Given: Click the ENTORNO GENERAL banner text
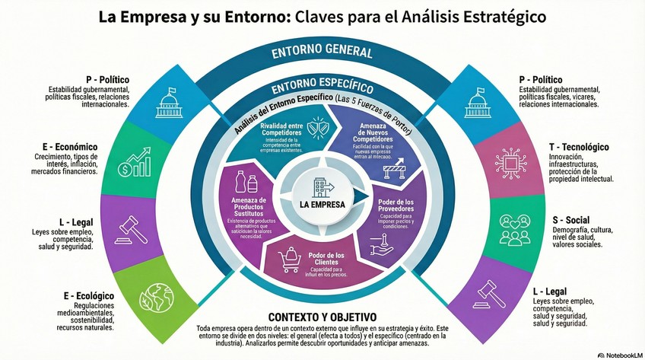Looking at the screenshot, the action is [x=322, y=53].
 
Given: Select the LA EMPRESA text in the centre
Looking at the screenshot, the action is [x=322, y=205].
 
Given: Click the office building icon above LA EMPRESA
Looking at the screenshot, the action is [x=322, y=186].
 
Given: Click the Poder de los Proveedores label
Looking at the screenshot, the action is [x=395, y=205].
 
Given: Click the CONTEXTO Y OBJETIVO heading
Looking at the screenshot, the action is [x=322, y=317].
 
